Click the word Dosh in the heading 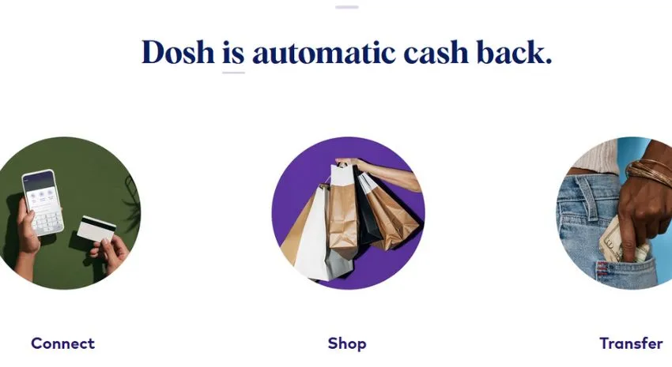(178, 52)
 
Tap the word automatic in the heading (324, 53)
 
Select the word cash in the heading (436, 53)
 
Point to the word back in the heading (515, 52)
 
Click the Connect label (63, 343)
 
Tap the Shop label (347, 343)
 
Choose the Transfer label (632, 343)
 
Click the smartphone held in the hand (43, 202)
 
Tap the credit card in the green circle (96, 229)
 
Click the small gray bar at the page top (347, 7)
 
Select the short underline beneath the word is (233, 73)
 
